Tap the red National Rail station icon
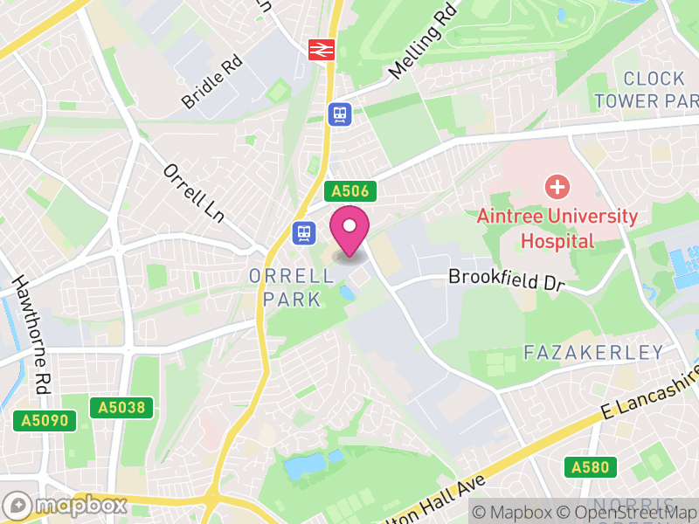pos(321,49)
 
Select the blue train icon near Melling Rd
pos(339,114)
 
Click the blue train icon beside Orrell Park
pos(303,232)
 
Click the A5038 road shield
pos(121,407)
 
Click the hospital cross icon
pos(557,186)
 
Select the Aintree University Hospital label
pos(557,228)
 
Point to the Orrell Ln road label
pos(194,192)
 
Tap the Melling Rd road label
pos(425,41)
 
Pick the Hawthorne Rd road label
pos(29,333)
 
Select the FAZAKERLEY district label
pos(593,353)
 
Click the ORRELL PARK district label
pos(291,287)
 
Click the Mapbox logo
pos(66,505)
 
